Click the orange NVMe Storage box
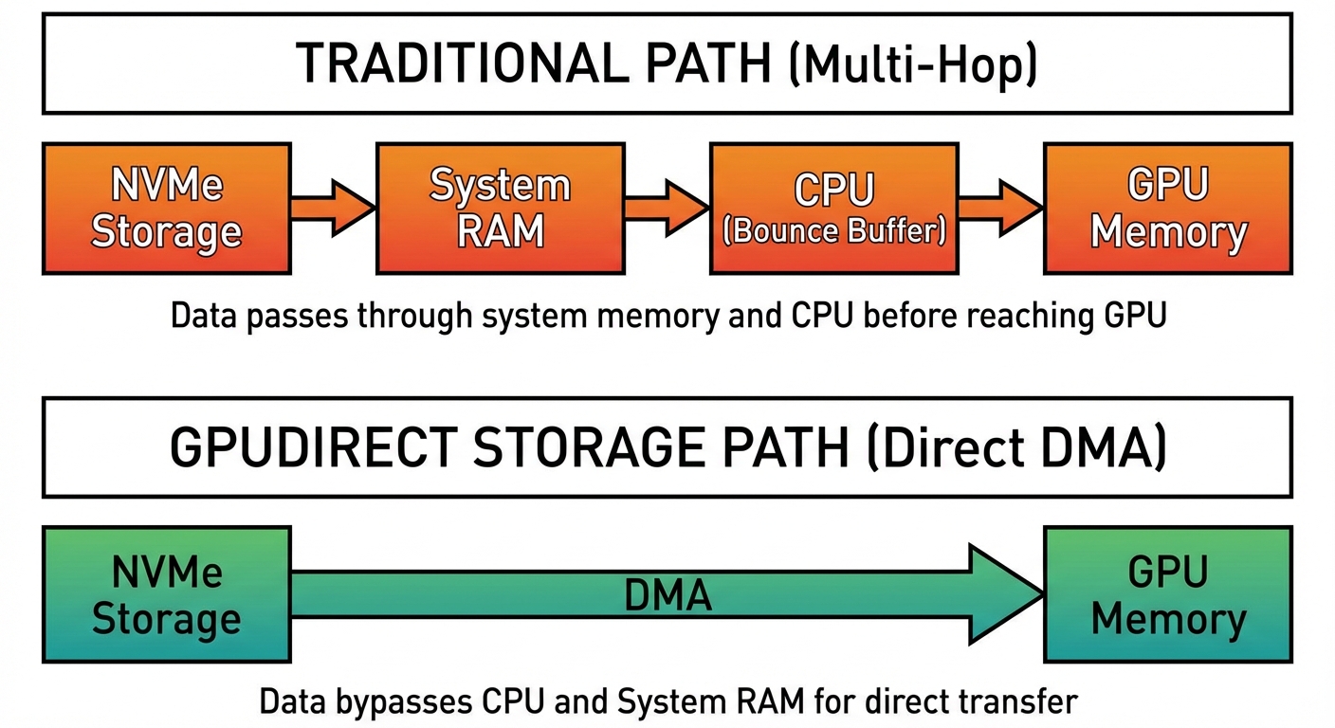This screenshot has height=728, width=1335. click(x=166, y=209)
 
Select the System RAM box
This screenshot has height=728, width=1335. click(x=500, y=209)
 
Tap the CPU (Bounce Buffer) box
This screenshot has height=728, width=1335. click(x=833, y=209)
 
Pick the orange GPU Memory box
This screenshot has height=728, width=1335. click(x=1167, y=209)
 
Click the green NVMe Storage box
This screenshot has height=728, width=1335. click(x=166, y=595)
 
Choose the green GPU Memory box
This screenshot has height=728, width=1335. click(x=1167, y=595)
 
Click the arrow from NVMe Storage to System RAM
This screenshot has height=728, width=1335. click(x=332, y=208)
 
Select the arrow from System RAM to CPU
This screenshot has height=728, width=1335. click(x=666, y=208)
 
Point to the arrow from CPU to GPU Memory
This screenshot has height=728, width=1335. click(x=999, y=208)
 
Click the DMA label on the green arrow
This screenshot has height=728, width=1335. click(x=667, y=596)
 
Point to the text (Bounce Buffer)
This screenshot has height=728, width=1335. click(x=833, y=231)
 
